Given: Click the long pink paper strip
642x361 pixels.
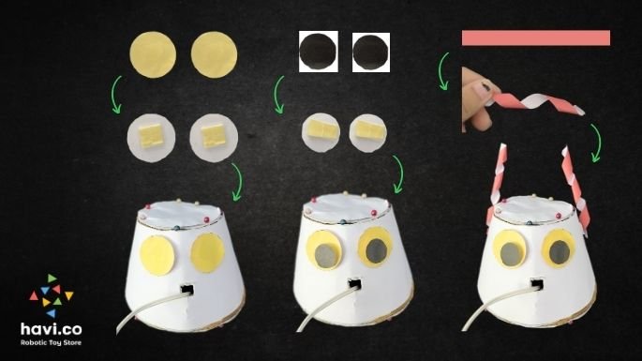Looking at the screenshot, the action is point(536,38).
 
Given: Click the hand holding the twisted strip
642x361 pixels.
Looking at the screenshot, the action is point(479,99).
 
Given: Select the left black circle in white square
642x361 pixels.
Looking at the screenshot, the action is point(318,52).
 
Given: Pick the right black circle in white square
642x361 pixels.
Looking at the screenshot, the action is point(371,53).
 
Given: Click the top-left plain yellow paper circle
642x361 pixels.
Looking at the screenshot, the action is point(153,54).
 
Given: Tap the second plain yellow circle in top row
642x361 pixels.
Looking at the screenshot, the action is point(214,55).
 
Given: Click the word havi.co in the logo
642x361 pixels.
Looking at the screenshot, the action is point(52,328).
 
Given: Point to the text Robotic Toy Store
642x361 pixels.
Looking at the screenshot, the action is point(52,342).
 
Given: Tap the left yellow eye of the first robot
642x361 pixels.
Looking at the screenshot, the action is point(157,256).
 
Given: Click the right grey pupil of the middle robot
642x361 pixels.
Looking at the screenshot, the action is point(376,250).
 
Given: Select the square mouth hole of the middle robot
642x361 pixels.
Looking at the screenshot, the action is point(354,284).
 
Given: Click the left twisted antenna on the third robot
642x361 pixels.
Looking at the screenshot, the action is point(496,185).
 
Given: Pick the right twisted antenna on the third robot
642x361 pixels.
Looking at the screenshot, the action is point(576,190).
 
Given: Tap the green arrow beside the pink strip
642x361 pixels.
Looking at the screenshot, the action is point(443,71).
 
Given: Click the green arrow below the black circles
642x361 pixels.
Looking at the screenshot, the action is point(279,95).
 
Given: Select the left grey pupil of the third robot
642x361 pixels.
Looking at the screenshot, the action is point(510,254).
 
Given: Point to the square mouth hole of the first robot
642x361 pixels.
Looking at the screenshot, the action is point(187,290).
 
